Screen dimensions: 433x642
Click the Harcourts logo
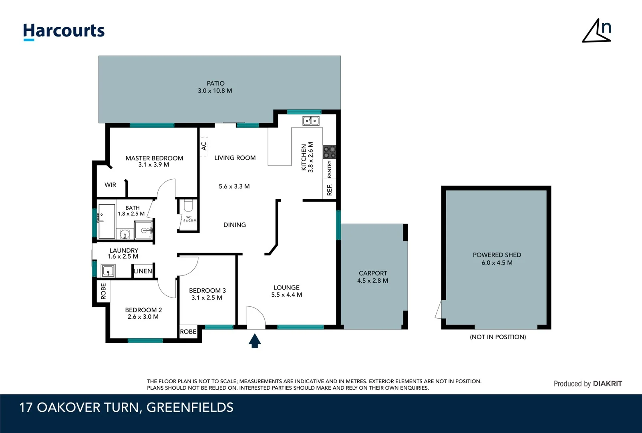point(64,31)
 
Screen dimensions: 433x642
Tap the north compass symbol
point(597,31)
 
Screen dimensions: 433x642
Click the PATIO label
point(215,83)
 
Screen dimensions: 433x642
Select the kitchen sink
point(311,120)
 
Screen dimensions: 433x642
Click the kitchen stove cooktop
point(329,152)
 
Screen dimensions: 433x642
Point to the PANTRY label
point(329,169)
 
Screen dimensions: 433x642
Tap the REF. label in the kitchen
point(329,190)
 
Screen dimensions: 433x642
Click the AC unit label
point(204,146)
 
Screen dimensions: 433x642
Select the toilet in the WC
point(188,206)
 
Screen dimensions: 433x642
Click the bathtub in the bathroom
point(107,221)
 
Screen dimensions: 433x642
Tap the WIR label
point(110,185)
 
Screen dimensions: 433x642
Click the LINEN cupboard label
point(143,271)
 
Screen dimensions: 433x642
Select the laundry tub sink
point(108,271)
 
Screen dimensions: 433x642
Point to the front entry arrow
point(255,341)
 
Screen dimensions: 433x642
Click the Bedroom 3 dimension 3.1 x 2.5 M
point(207,297)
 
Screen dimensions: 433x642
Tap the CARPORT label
point(373,273)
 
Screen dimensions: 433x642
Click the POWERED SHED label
point(497,255)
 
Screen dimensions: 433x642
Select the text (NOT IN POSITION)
point(498,337)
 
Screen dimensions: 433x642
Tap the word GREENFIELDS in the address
point(190,407)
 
